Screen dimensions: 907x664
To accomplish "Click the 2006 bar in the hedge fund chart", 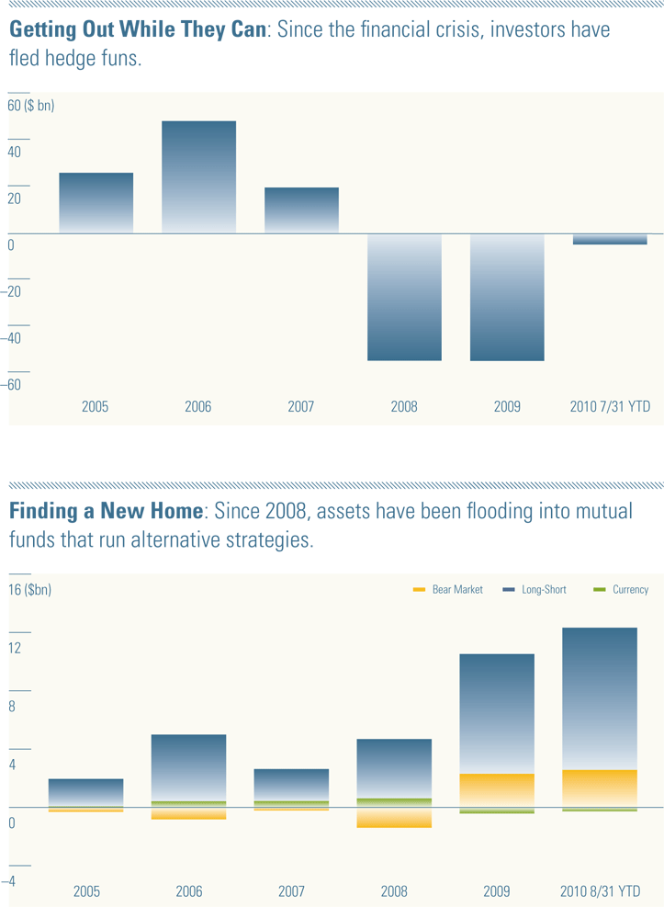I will point(198,176).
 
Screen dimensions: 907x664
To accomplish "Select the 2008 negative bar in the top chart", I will point(404,297).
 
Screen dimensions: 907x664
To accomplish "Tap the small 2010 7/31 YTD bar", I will point(610,239).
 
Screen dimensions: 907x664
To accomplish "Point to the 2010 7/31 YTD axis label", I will point(610,406).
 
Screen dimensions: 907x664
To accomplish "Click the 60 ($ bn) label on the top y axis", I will point(31,106).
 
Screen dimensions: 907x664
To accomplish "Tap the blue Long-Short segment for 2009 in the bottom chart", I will point(496,713).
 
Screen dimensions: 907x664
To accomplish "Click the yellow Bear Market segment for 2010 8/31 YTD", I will point(599,788).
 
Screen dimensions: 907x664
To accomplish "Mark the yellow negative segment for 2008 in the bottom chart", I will point(394,818).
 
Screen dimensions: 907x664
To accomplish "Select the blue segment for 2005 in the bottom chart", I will point(85,791).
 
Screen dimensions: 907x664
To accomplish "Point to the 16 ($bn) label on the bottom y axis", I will point(30,590).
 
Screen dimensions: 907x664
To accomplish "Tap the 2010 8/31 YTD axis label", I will point(601,891).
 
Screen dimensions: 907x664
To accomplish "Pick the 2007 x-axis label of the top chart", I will point(301,406).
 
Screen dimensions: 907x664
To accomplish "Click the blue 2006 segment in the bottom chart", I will point(188,767).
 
